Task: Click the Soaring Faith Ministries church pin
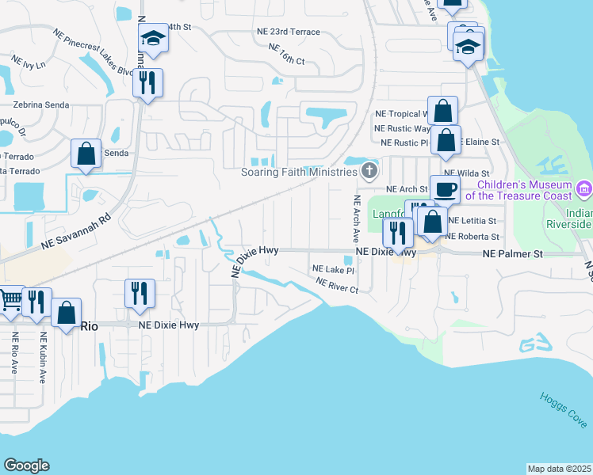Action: [x=369, y=170]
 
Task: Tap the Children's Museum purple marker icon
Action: [x=585, y=189]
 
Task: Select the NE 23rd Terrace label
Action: [x=288, y=32]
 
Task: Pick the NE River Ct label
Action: [x=337, y=285]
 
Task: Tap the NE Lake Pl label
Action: [x=332, y=270]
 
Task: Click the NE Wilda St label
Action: [x=467, y=173]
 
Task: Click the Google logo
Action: [x=26, y=465]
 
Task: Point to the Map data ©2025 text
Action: [x=559, y=469]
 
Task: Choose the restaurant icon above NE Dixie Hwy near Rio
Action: [x=140, y=293]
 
